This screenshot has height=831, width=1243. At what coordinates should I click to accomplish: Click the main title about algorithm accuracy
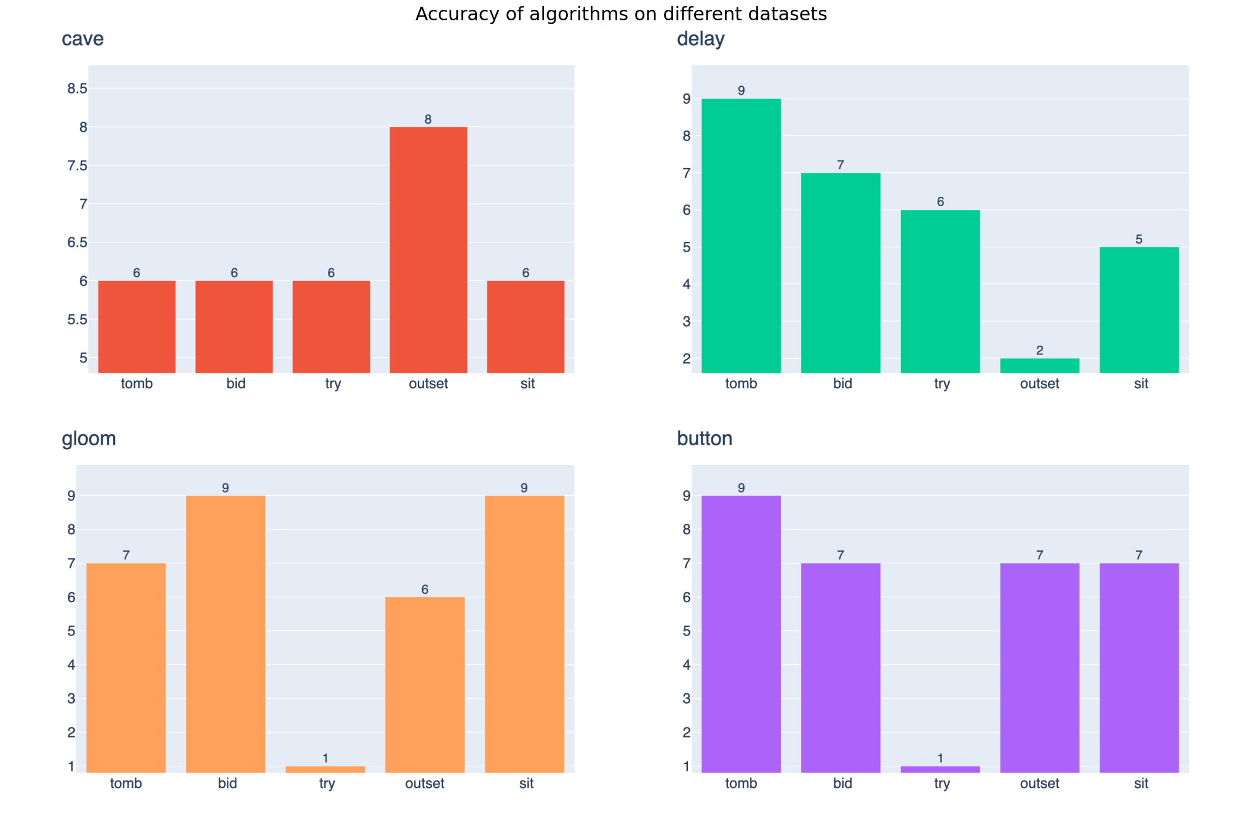pos(621,14)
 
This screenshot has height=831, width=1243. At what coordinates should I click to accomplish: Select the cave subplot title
pos(82,39)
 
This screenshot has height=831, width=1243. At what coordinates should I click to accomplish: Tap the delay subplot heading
pos(700,39)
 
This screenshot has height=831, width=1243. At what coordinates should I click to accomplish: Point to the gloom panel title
pos(89,439)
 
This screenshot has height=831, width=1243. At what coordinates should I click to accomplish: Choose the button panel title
pos(705,439)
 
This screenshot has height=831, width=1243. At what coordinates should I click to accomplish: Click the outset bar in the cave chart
pos(428,249)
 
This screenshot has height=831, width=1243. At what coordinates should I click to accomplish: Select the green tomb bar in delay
pos(741,236)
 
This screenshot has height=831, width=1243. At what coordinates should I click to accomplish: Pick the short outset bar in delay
pos(1039,365)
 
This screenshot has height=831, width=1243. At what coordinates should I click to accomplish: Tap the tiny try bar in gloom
pos(325,769)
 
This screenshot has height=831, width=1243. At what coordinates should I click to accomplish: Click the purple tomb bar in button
pos(741,634)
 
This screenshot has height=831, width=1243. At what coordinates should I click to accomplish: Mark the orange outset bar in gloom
pos(425,684)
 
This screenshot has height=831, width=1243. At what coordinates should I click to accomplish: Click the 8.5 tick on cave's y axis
pos(78,89)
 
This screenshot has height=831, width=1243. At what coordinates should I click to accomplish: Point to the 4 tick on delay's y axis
pos(687,284)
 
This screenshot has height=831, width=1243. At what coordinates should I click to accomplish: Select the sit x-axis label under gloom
pos(526,784)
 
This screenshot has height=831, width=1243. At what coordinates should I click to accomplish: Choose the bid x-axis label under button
pos(842,784)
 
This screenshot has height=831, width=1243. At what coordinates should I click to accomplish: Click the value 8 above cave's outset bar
pos(428,119)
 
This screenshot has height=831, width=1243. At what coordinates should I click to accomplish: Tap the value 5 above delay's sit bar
pos(1139,239)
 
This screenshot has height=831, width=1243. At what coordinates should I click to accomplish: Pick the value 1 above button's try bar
pos(940,758)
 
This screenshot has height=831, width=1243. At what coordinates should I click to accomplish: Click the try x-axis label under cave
pos(332,384)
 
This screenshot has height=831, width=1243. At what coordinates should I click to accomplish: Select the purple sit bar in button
pos(1139,667)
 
